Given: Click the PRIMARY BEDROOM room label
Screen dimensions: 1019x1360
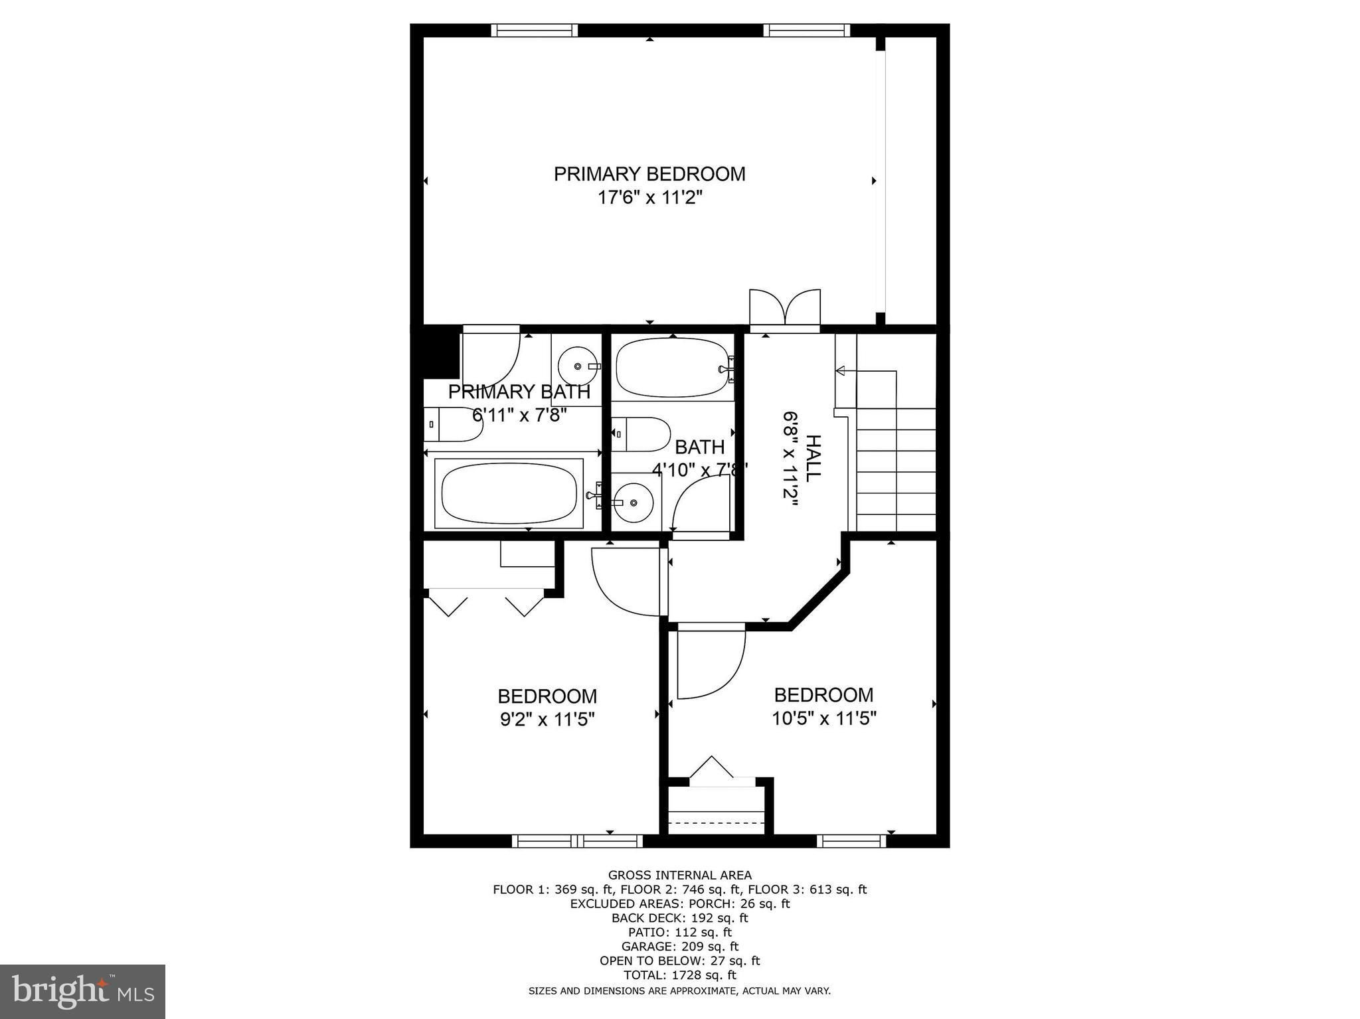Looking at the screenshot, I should [649, 174].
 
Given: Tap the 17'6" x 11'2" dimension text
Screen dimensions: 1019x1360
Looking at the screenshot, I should [649, 197].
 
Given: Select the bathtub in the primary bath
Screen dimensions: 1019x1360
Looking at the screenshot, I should [509, 493].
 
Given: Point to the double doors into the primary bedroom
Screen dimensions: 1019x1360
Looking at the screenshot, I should [785, 309].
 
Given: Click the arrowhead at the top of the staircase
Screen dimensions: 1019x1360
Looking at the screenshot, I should [841, 370].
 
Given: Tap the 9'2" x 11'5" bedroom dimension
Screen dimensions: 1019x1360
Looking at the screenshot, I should [547, 720].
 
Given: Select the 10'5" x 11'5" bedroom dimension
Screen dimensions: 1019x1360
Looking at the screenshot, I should [824, 718].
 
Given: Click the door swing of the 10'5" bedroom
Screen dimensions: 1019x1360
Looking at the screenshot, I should [709, 664].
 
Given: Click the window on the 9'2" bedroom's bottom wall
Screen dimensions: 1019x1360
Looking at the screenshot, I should [577, 841].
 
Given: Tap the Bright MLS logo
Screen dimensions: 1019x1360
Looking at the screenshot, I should [82, 992].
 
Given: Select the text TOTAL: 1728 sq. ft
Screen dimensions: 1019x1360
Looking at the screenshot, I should [679, 975].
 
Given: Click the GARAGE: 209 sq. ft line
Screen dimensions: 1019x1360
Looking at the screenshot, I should [679, 947].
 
